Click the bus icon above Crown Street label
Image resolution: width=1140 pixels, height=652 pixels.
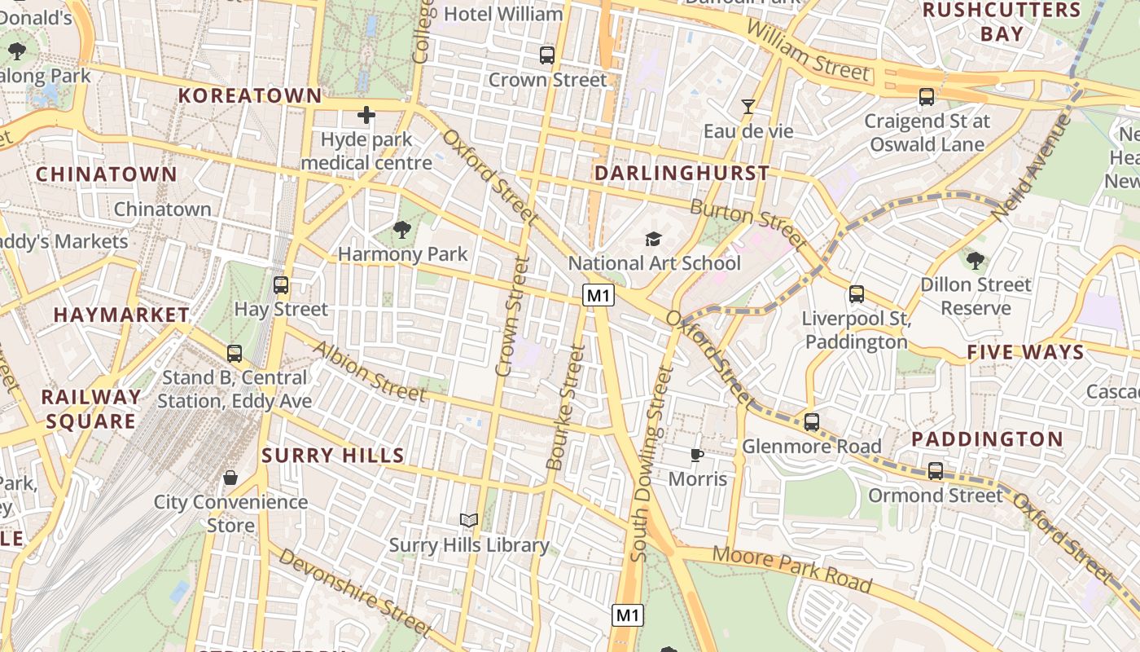[547, 55]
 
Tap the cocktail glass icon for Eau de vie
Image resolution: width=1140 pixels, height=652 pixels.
[748, 106]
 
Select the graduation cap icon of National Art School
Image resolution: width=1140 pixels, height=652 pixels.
[653, 239]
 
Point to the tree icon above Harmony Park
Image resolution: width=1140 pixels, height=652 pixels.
[402, 230]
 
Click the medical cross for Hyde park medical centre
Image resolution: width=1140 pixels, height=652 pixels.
[366, 115]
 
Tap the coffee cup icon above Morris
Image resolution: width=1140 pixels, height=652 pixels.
[696, 455]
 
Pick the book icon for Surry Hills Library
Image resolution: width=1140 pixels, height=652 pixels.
[468, 520]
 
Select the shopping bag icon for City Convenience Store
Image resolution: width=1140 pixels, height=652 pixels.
[230, 478]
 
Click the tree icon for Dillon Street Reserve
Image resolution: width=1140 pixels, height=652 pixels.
[975, 261]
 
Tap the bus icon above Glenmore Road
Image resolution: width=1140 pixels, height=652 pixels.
[811, 422]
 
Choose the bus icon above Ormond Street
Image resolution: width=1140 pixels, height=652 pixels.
[936, 471]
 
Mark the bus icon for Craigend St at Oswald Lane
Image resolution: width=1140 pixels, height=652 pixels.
[926, 97]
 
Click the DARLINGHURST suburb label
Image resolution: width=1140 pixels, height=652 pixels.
[682, 173]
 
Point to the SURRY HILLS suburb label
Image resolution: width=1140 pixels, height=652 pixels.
[332, 456]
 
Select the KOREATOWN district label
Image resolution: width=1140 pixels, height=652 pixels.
[250, 95]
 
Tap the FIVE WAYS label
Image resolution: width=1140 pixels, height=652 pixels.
[1025, 352]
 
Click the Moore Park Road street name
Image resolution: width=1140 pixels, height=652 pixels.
[791, 569]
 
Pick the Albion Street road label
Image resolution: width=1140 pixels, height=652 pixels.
[370, 372]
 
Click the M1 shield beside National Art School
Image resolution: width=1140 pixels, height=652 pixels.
[598, 296]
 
